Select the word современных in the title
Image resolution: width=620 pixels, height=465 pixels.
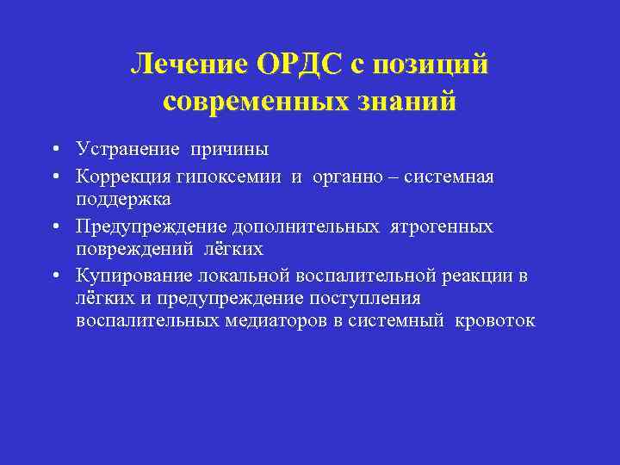click(251, 102)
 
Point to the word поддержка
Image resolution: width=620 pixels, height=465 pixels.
click(123, 199)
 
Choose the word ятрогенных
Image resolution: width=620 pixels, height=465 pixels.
click(443, 226)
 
